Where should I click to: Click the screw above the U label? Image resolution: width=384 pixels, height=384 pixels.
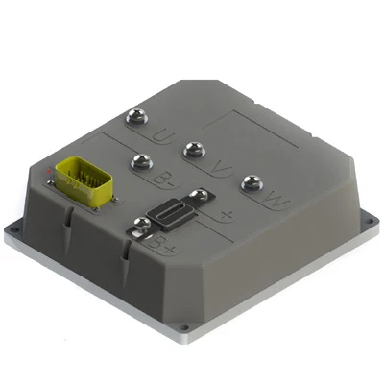(x=135, y=118)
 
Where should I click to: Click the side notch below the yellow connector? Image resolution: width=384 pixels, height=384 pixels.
(x=70, y=222)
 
